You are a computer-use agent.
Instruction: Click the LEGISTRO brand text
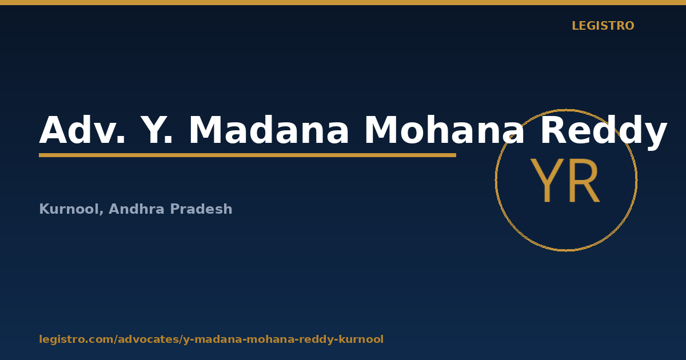[603, 26]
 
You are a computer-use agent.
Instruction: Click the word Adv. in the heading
[82, 130]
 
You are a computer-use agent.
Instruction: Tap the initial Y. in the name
[157, 130]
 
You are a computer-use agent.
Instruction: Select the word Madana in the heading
[269, 130]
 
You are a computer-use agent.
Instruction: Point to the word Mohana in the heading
[444, 130]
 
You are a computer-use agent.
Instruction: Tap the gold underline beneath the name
[248, 155]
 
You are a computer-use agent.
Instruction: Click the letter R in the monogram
[584, 181]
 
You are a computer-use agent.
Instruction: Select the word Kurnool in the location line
[69, 209]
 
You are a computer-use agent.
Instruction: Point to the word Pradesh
[201, 209]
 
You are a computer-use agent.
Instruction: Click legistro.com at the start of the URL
[77, 339]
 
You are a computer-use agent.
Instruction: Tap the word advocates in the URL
[149, 339]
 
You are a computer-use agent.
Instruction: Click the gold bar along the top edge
[343, 2]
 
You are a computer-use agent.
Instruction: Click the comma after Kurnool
[101, 213]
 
